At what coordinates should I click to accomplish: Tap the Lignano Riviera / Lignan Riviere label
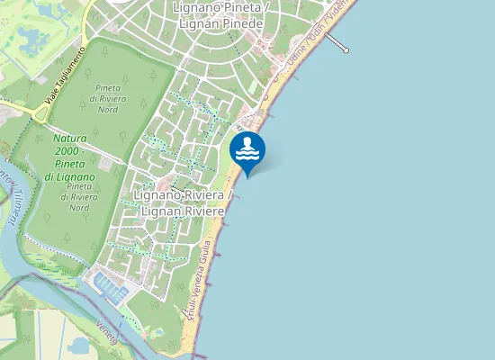point(184,202)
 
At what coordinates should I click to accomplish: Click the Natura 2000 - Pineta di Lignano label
point(68,157)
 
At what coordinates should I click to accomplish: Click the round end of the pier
point(346,49)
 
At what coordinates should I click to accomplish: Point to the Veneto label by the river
point(106,334)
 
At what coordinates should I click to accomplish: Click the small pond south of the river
point(78,346)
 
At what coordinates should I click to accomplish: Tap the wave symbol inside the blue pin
point(247,153)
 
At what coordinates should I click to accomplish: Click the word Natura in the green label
point(69,139)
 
